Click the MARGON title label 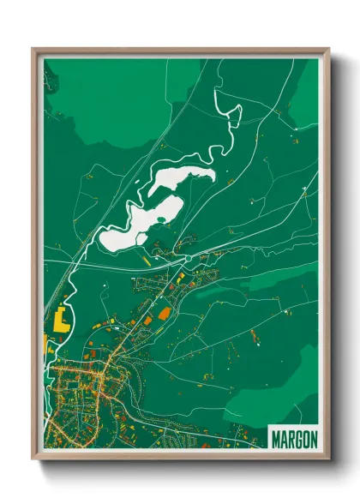293,438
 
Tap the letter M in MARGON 274,438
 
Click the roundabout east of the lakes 187,257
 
